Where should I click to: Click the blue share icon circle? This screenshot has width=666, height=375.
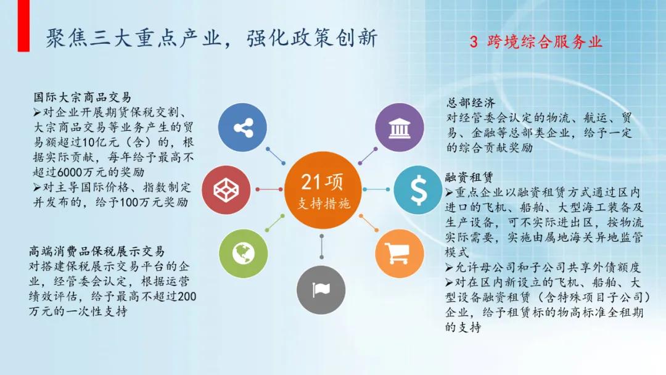tap(243, 128)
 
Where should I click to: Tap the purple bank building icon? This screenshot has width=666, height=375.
tap(400, 128)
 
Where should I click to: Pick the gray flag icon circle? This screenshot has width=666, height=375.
tap(321, 289)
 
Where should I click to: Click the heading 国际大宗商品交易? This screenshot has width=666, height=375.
tap(83, 97)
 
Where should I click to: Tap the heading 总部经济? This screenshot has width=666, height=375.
tap(471, 103)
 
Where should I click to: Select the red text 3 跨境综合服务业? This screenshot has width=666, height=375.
tap(536, 42)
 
